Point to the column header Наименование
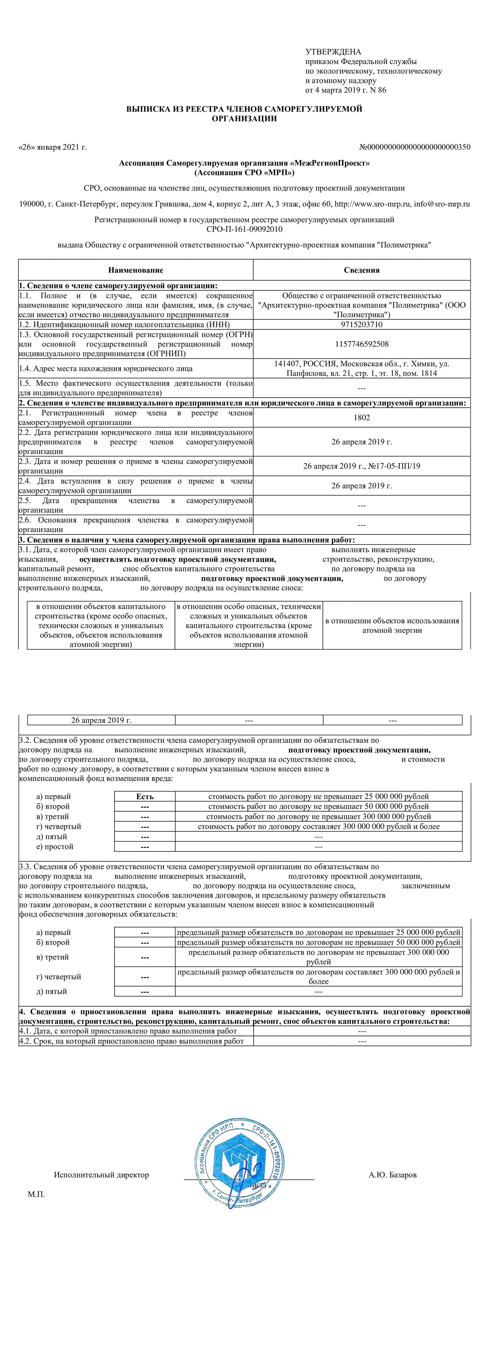pyautogui.click(x=136, y=270)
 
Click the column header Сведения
pyautogui.click(x=361, y=270)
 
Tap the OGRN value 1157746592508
pyautogui.click(x=361, y=344)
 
